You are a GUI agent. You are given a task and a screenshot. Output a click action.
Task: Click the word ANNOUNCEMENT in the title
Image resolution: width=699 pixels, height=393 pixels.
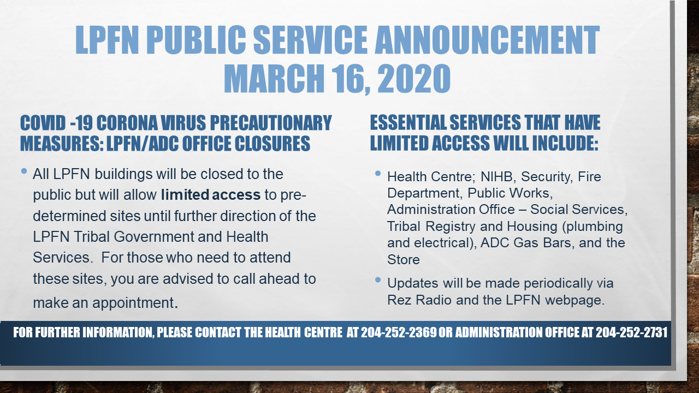(x=487, y=40)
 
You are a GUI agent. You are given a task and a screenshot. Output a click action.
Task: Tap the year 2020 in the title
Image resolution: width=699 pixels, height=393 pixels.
(x=414, y=79)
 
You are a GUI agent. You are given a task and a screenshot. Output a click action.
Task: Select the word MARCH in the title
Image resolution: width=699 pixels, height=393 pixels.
(x=274, y=79)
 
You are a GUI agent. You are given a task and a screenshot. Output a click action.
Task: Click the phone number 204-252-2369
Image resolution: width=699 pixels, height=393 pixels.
(x=399, y=332)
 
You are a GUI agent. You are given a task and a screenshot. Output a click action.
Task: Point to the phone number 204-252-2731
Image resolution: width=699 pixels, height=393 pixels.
(x=631, y=332)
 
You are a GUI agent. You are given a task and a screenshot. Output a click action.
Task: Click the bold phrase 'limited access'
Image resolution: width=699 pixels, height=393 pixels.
(x=211, y=195)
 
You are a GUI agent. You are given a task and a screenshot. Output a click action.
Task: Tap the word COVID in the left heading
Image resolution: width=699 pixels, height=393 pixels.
(x=43, y=123)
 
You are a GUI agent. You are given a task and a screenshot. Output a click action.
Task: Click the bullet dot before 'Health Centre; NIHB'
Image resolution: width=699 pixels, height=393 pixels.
(x=378, y=174)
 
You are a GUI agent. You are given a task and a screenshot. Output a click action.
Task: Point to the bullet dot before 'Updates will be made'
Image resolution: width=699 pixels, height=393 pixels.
(x=378, y=280)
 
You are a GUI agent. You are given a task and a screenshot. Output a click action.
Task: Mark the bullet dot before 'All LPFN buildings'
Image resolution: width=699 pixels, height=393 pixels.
(x=24, y=171)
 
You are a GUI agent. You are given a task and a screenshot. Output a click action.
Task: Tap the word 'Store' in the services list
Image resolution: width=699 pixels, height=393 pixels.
(x=404, y=260)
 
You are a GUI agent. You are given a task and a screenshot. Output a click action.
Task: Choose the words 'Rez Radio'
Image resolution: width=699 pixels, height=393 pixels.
(x=419, y=300)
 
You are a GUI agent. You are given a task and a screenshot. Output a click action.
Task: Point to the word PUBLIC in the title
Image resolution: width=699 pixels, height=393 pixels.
(x=196, y=40)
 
